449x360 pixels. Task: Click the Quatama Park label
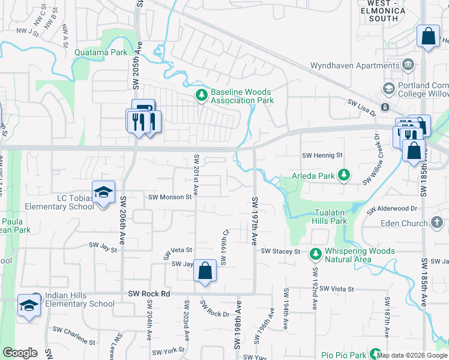coord(101,52)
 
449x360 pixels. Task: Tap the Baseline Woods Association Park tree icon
coord(202,95)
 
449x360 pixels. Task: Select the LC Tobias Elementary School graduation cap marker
coord(103,193)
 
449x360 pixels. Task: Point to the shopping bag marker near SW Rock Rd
coord(205,271)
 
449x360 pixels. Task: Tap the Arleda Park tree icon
coord(343,175)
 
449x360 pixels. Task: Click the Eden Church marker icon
coord(437,223)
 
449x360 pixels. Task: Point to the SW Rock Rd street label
coord(149,294)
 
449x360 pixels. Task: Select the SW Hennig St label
coord(322,155)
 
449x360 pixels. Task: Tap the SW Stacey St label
coord(280,251)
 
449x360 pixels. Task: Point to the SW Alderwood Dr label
coord(392,208)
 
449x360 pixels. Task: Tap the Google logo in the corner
coord(20,353)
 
